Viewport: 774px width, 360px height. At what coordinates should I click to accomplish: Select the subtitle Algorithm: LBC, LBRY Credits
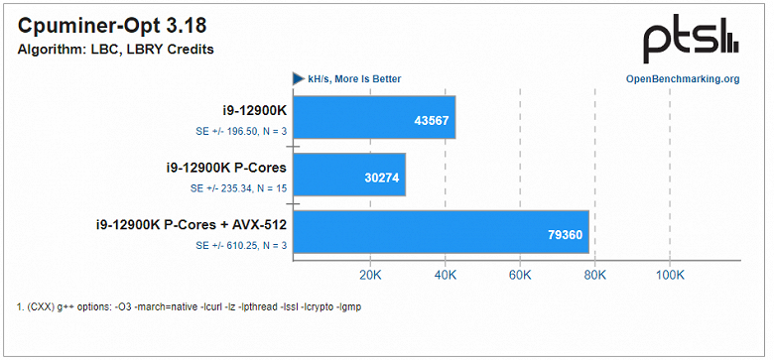[115, 50]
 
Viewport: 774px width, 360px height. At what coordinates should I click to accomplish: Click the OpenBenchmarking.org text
[682, 79]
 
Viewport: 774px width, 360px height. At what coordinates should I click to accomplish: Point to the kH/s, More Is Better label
[354, 79]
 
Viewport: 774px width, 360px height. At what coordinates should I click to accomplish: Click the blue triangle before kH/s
[297, 79]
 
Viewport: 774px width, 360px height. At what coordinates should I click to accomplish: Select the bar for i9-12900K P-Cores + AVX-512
[441, 232]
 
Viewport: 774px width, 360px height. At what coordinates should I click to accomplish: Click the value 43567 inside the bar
[430, 120]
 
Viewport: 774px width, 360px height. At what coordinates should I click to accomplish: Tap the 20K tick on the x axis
[369, 275]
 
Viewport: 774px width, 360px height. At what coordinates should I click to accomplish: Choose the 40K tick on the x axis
[445, 275]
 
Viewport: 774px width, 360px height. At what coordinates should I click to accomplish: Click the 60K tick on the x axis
[520, 275]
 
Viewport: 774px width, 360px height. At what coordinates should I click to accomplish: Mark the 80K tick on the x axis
[594, 275]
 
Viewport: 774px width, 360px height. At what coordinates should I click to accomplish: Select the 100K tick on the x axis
[670, 275]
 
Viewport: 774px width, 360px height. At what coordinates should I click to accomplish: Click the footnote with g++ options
[190, 306]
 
